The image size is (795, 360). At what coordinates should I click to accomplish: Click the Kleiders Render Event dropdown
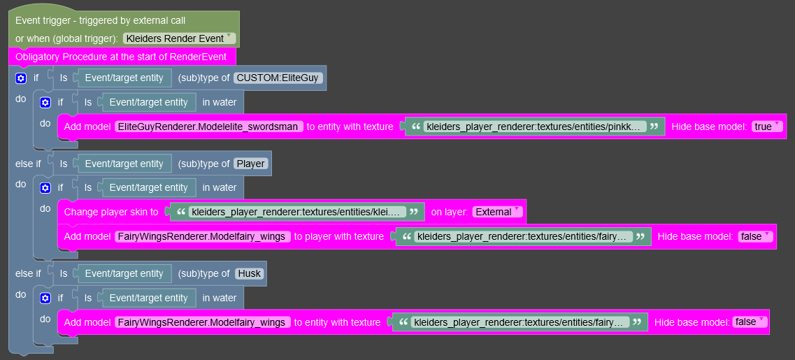coord(180,38)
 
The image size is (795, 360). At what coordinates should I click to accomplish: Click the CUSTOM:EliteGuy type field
coord(278,78)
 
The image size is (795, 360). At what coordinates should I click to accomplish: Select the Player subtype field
coord(250,164)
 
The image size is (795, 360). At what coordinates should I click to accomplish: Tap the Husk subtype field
coord(249,274)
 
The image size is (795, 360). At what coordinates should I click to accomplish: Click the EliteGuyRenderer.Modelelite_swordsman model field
coord(209,127)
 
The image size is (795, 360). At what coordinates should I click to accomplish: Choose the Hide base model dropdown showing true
coord(766,127)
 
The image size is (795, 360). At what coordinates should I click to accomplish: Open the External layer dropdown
coord(497,212)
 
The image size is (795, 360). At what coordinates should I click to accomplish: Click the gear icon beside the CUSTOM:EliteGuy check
coord(21,78)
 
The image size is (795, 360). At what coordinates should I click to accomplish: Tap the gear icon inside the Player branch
coord(45,187)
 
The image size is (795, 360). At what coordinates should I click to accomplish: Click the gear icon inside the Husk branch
coord(45,298)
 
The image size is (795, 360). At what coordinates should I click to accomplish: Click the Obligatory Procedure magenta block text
coord(121,57)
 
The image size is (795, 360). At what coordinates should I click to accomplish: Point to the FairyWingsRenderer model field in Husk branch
coord(203,322)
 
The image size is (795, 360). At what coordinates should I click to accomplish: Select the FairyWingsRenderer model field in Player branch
coord(203,236)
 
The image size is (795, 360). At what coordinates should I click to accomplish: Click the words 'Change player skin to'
coord(111,212)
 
